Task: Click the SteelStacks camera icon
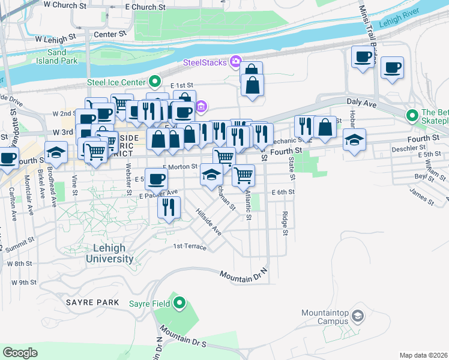(235, 62)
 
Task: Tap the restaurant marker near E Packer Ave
(169, 207)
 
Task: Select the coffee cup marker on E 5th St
(156, 179)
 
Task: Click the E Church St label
(146, 7)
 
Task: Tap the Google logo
(20, 353)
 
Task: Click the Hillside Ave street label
(208, 221)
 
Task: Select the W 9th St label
(24, 282)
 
